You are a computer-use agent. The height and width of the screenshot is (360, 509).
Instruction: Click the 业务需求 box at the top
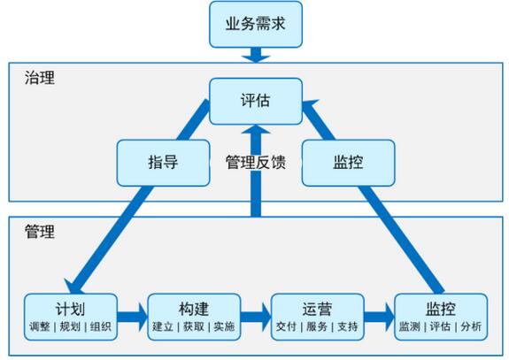coord(256,25)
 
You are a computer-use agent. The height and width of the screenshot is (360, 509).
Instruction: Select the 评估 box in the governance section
coord(256,101)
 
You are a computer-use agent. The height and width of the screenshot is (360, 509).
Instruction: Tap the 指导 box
coord(163,163)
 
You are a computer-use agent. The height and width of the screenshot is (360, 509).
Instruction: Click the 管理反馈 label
coord(256,162)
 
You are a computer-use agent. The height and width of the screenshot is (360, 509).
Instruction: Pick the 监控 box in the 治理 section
coord(348,163)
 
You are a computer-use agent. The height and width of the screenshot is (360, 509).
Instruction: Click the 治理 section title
coord(40,78)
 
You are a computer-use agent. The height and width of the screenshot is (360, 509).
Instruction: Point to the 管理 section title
coord(40,232)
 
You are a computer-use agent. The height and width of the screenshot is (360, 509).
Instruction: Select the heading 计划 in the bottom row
coord(71,309)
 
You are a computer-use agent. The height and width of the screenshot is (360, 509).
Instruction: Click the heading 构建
coord(194,309)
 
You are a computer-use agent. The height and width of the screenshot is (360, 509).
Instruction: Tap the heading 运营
coord(317,309)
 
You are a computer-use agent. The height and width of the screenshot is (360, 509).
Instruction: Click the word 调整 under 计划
coord(40,326)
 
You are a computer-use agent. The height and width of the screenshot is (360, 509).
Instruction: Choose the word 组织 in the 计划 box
coord(101,326)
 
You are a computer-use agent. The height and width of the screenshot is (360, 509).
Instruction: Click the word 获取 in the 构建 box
coord(194,326)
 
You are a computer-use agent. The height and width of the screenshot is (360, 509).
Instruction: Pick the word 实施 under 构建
coord(224,326)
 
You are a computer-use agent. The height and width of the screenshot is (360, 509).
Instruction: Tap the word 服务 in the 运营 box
coord(317,326)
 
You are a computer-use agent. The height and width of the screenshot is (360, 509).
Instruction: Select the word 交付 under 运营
coord(286,326)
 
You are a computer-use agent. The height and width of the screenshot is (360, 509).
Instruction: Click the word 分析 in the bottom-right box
coord(471,326)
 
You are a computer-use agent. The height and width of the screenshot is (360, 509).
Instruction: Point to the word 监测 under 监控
coord(410,326)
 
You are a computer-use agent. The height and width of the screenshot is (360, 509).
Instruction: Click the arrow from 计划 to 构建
coord(133,318)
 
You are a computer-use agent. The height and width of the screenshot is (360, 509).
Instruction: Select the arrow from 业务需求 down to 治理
coord(256,55)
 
